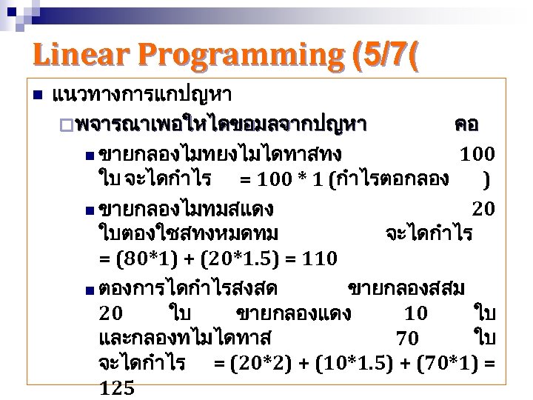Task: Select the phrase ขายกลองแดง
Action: pyautogui.click(x=293, y=313)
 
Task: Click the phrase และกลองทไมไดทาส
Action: pyautogui.click(x=185, y=339)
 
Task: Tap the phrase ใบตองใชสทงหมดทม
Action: pyautogui.click(x=189, y=234)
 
